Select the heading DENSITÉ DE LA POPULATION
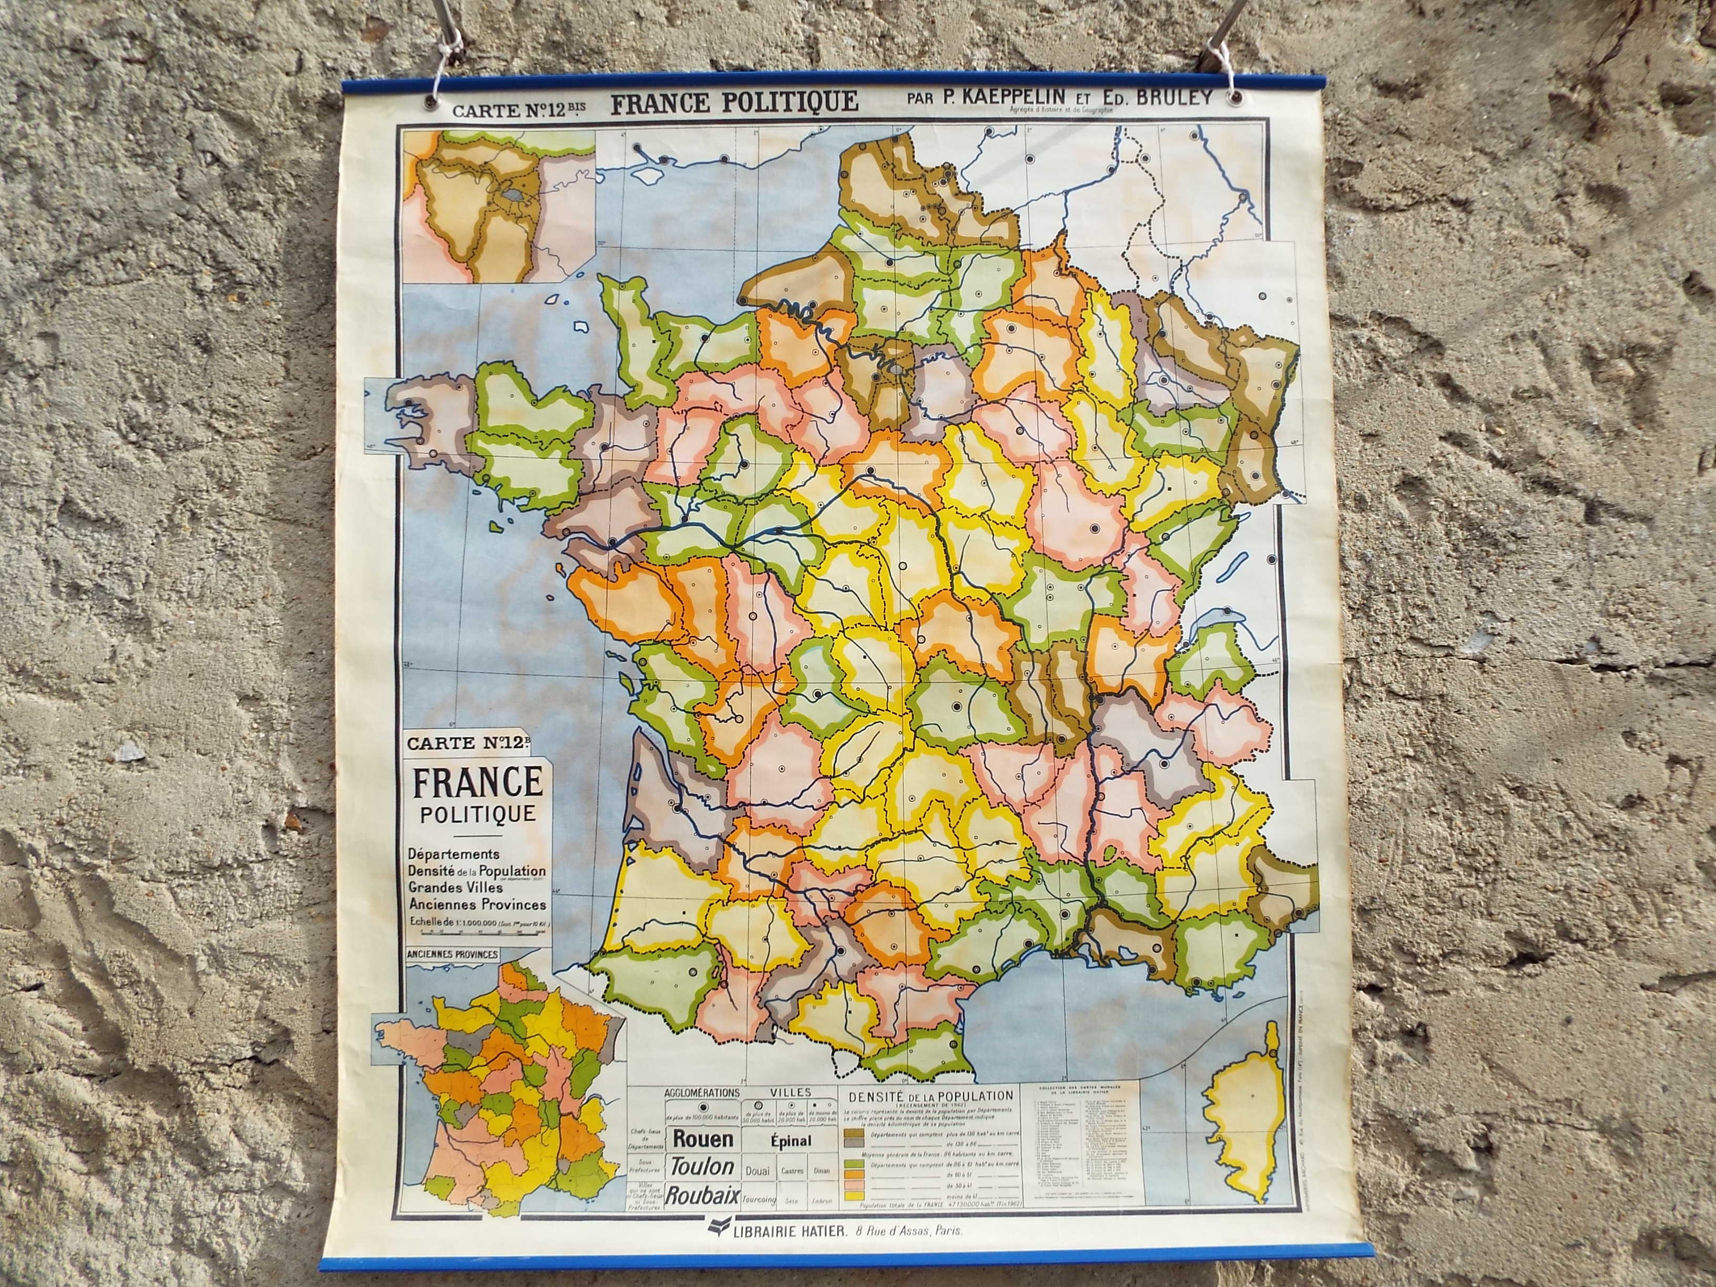tap(931, 1096)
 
